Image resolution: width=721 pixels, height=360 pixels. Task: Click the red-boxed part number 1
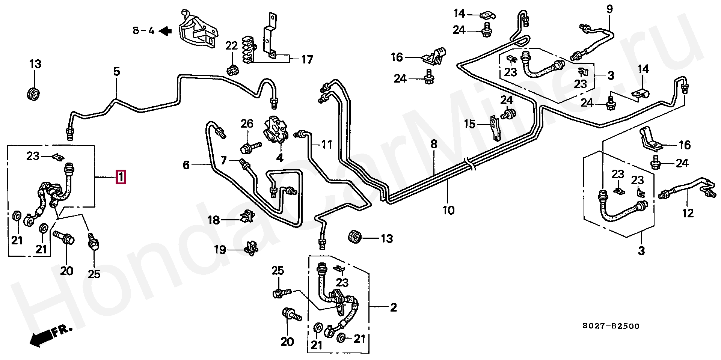click(121, 177)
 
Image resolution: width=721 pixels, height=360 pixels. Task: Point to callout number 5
click(116, 71)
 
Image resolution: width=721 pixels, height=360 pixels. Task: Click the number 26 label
click(247, 124)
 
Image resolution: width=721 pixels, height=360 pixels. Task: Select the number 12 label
click(688, 213)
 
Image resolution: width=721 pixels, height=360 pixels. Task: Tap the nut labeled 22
click(232, 69)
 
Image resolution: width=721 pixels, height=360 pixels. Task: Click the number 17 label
click(307, 60)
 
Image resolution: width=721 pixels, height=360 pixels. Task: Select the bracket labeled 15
click(496, 128)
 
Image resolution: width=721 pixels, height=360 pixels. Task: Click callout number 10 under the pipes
click(448, 210)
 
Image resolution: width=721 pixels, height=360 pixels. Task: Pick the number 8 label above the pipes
click(434, 144)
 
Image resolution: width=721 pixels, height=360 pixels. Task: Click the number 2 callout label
click(393, 308)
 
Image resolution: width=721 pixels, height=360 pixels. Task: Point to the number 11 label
click(327, 144)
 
